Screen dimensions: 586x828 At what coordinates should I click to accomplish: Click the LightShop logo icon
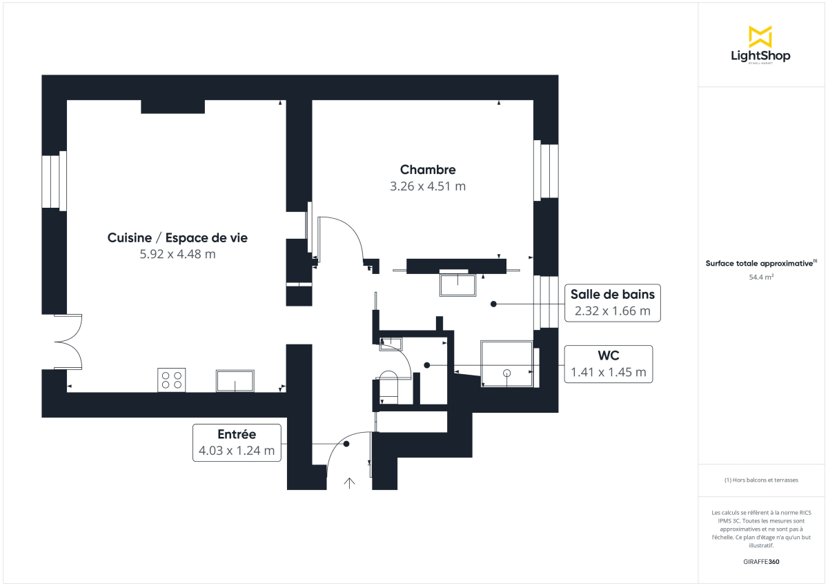click(760, 37)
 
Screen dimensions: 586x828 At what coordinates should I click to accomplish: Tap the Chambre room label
click(428, 170)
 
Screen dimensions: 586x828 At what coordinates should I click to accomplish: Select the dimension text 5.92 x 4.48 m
click(177, 254)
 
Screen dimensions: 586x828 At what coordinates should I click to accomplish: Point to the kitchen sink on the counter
click(235, 380)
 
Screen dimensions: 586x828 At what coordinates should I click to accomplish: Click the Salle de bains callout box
click(612, 302)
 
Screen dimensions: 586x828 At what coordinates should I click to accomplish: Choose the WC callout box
click(608, 364)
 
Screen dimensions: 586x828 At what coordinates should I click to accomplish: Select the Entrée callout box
click(237, 442)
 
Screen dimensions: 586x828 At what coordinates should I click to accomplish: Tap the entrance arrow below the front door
click(349, 482)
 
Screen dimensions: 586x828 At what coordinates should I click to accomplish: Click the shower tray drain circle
click(507, 373)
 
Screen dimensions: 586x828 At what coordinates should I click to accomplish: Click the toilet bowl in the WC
click(388, 387)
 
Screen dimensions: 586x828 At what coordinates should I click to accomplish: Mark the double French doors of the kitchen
click(68, 342)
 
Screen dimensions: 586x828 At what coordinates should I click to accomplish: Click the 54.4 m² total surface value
click(760, 277)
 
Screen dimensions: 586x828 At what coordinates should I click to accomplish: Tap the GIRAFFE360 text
click(760, 562)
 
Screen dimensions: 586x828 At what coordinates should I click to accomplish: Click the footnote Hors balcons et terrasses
click(760, 480)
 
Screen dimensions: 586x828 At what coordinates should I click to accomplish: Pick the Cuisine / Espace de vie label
click(177, 238)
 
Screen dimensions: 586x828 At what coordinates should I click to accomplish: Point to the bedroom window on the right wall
click(548, 171)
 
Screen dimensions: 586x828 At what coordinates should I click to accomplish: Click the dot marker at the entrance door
click(346, 445)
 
